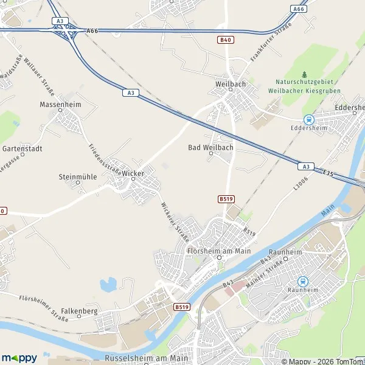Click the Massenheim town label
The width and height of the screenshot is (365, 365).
(x=60, y=105)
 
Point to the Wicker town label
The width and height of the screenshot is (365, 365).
(x=133, y=173)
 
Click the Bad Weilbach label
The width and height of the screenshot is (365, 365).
(x=210, y=148)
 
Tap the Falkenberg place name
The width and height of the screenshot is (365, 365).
(x=80, y=311)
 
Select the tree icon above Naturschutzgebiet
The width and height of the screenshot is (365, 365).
(x=305, y=74)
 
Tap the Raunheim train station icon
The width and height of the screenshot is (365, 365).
(x=303, y=281)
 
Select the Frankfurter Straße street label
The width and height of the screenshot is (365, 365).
(x=271, y=43)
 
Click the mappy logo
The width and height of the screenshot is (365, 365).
(x=19, y=358)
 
